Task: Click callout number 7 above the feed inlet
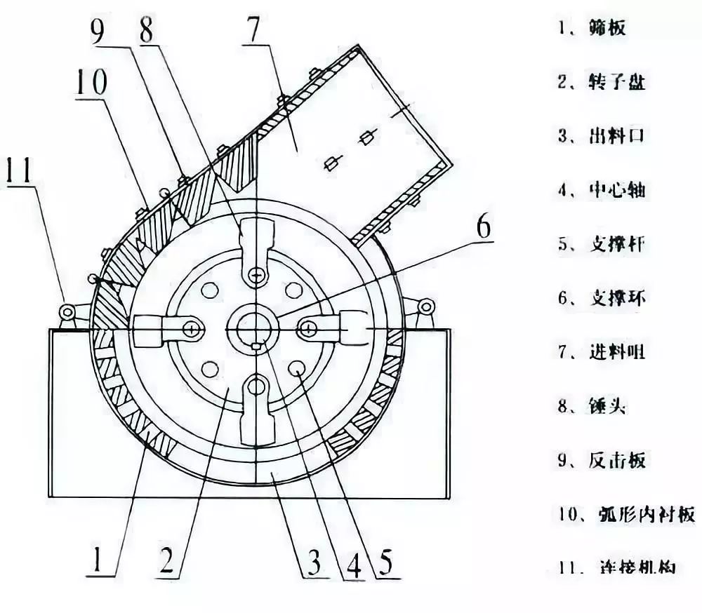[x=255, y=30]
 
